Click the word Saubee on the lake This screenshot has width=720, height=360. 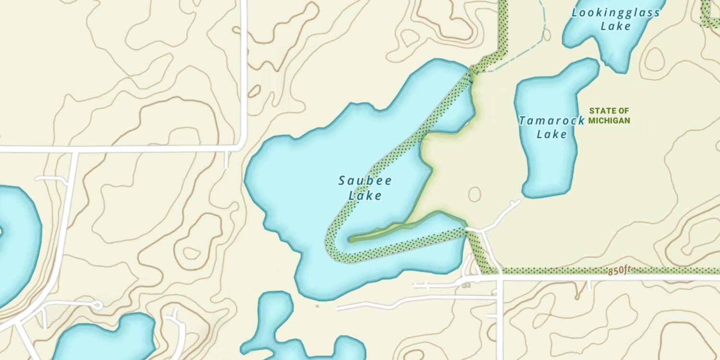[365, 181]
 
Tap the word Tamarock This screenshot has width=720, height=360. [551, 120]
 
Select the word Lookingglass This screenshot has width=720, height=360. [615, 13]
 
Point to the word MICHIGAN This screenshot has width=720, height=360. [609, 120]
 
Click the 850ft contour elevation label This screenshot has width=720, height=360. [618, 271]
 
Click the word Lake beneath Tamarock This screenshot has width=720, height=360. [552, 134]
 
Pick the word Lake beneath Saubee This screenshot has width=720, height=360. [365, 195]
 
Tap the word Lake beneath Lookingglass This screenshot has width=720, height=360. [615, 26]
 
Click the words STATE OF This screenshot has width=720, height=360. [609, 111]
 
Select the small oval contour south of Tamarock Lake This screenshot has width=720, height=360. [474, 194]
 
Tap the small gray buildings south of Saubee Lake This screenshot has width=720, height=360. [466, 286]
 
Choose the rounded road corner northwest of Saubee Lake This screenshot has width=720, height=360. [242, 144]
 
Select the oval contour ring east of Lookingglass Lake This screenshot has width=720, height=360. [654, 59]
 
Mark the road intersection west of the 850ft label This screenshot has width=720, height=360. [499, 277]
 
